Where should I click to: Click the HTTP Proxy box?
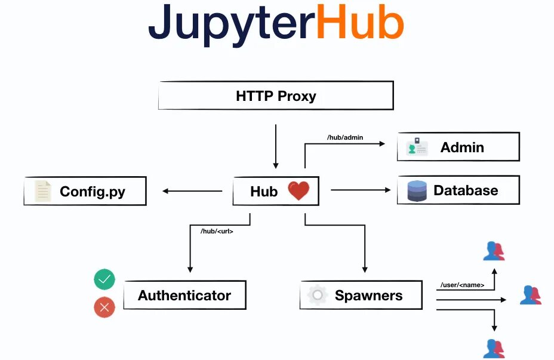click(276, 96)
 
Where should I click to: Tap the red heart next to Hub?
click(298, 191)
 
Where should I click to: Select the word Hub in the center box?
click(264, 192)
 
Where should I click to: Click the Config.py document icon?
click(42, 192)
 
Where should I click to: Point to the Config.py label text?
click(93, 192)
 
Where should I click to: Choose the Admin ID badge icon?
click(417, 147)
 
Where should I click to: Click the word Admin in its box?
click(462, 147)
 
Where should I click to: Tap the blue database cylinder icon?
click(417, 191)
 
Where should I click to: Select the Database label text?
click(466, 191)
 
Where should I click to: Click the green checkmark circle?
click(104, 279)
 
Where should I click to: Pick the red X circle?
click(104, 307)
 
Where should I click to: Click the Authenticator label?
click(184, 296)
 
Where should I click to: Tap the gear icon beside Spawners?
click(318, 295)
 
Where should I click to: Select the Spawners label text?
click(368, 296)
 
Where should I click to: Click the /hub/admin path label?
click(345, 137)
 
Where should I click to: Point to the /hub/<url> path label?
click(217, 231)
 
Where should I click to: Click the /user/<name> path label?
click(462, 285)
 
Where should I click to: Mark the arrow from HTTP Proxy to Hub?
click(276, 146)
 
